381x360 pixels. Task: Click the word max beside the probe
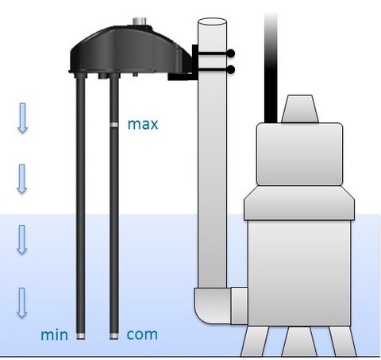(x=143, y=125)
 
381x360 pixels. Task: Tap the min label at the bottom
(x=54, y=335)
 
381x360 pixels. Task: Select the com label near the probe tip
(x=142, y=335)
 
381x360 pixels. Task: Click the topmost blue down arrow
(x=23, y=118)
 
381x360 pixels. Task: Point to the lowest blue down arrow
(x=22, y=303)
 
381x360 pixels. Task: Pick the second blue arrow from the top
(x=22, y=179)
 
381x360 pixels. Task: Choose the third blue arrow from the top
(x=22, y=239)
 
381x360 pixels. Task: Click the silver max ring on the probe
(x=114, y=125)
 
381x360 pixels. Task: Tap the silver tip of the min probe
(x=81, y=336)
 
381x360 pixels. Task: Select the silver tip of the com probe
(x=114, y=336)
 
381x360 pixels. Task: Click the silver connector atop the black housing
(x=140, y=21)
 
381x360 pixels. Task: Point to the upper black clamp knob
(x=230, y=53)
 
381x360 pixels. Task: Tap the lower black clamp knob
(x=230, y=70)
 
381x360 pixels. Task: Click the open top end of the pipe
(x=212, y=21)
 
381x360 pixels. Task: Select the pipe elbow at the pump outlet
(x=213, y=305)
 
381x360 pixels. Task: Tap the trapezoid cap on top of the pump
(x=300, y=109)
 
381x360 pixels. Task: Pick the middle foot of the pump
(x=299, y=342)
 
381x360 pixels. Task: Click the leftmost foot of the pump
(x=256, y=342)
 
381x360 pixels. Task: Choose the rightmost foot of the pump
(x=343, y=342)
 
